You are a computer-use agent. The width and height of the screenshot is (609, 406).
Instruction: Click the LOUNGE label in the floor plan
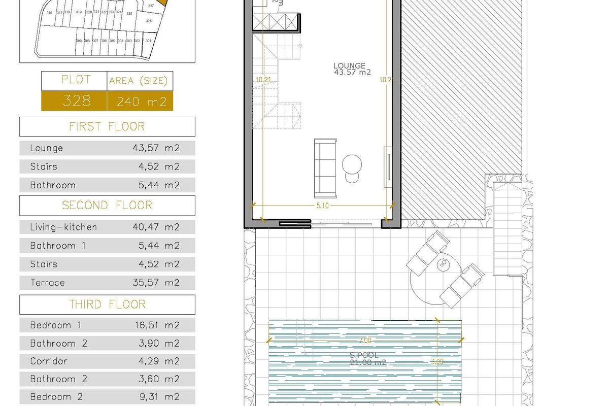click(350, 65)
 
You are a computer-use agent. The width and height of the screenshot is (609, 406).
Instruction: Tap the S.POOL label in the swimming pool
click(364, 355)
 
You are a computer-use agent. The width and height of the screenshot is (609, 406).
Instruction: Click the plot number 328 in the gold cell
click(76, 101)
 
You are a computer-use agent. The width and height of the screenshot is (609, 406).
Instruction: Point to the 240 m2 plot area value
click(142, 101)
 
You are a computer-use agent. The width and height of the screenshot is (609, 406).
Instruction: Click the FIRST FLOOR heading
click(107, 126)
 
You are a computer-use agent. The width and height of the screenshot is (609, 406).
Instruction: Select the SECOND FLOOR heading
click(107, 205)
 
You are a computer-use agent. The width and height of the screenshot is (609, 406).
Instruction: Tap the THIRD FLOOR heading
click(107, 304)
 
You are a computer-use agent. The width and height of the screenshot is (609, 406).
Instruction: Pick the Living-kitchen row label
click(63, 227)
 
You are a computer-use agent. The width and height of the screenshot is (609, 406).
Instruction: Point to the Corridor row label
click(49, 361)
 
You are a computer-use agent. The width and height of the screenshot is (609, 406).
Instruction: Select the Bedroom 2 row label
click(56, 397)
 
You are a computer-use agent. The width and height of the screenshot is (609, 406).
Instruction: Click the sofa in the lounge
click(325, 168)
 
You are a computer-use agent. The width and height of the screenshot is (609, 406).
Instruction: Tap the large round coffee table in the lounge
click(352, 164)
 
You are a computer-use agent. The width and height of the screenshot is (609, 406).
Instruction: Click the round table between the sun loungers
click(444, 264)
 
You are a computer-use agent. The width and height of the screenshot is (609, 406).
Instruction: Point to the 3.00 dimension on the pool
click(437, 362)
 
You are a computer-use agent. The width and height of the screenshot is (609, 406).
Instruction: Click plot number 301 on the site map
click(148, 41)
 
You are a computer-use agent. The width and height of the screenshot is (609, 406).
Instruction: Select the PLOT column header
click(76, 80)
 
